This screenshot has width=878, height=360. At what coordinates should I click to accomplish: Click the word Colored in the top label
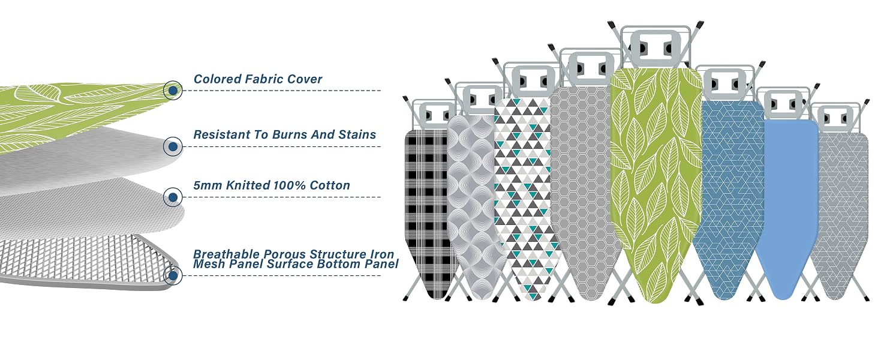tap(217, 79)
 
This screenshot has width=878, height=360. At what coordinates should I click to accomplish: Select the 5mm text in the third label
tap(208, 185)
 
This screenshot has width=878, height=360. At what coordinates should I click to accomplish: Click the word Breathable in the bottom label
tap(227, 254)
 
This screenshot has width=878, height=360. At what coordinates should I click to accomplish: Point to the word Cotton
tap(330, 185)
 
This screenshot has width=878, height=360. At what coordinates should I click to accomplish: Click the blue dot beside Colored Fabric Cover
tap(173, 91)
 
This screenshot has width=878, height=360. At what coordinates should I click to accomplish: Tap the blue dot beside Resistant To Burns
tap(173, 146)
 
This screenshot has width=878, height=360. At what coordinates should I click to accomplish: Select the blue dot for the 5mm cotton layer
tap(173, 197)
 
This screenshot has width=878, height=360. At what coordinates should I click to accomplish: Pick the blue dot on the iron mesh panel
tap(173, 275)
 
